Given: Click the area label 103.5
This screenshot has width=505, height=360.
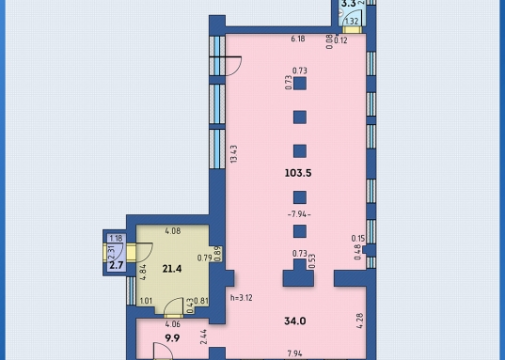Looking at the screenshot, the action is [298, 173].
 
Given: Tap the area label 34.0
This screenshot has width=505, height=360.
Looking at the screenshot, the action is [295, 321].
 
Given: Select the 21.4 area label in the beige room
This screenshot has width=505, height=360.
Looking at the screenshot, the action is [172, 269].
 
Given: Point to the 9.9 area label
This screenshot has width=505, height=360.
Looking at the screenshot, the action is [172, 338].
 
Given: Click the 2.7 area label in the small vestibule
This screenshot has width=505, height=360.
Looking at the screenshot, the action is [117, 265].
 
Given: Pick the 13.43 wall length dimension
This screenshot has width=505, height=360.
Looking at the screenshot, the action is [234, 154].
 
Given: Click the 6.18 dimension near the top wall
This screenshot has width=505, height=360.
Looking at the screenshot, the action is [298, 39].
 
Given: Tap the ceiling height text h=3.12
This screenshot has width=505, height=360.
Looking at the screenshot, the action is [242, 298].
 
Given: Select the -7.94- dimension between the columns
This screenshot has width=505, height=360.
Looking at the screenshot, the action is [299, 214].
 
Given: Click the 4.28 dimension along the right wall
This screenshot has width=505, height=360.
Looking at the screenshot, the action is [360, 321].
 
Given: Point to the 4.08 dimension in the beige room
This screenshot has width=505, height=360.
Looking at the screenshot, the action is [173, 231].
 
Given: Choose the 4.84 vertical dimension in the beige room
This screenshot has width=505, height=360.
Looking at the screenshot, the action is [143, 273].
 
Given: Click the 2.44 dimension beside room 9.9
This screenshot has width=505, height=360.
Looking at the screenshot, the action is [203, 337].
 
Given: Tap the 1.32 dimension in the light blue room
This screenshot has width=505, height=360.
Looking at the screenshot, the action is [352, 22].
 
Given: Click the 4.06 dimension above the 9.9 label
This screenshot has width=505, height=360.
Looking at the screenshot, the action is [173, 324].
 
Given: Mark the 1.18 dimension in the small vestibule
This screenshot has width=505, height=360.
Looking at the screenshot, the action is [116, 239].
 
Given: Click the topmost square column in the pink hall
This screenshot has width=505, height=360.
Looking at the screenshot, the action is [300, 84].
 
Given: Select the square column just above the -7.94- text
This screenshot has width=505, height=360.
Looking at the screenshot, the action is [300, 197].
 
